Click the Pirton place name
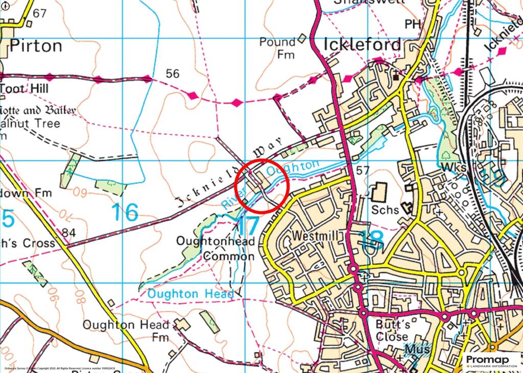pos(36,46)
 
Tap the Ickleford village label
pos(363,45)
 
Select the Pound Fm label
pos(277,48)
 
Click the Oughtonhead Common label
pos(215,248)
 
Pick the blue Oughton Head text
pos(190,294)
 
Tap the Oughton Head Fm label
pos(126,331)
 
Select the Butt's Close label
pos(392,330)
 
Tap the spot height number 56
pos(173,74)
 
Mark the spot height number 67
pos(39,13)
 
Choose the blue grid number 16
pos(124,212)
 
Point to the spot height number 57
pos(363,170)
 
